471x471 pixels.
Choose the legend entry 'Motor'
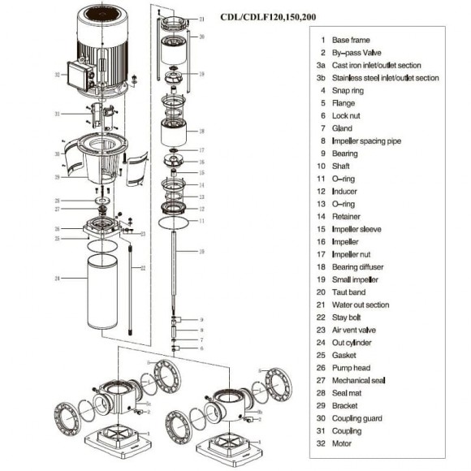click(344, 443)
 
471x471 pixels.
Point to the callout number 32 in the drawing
click(56, 75)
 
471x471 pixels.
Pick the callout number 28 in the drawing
click(202, 130)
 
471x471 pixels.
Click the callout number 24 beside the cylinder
click(58, 279)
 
